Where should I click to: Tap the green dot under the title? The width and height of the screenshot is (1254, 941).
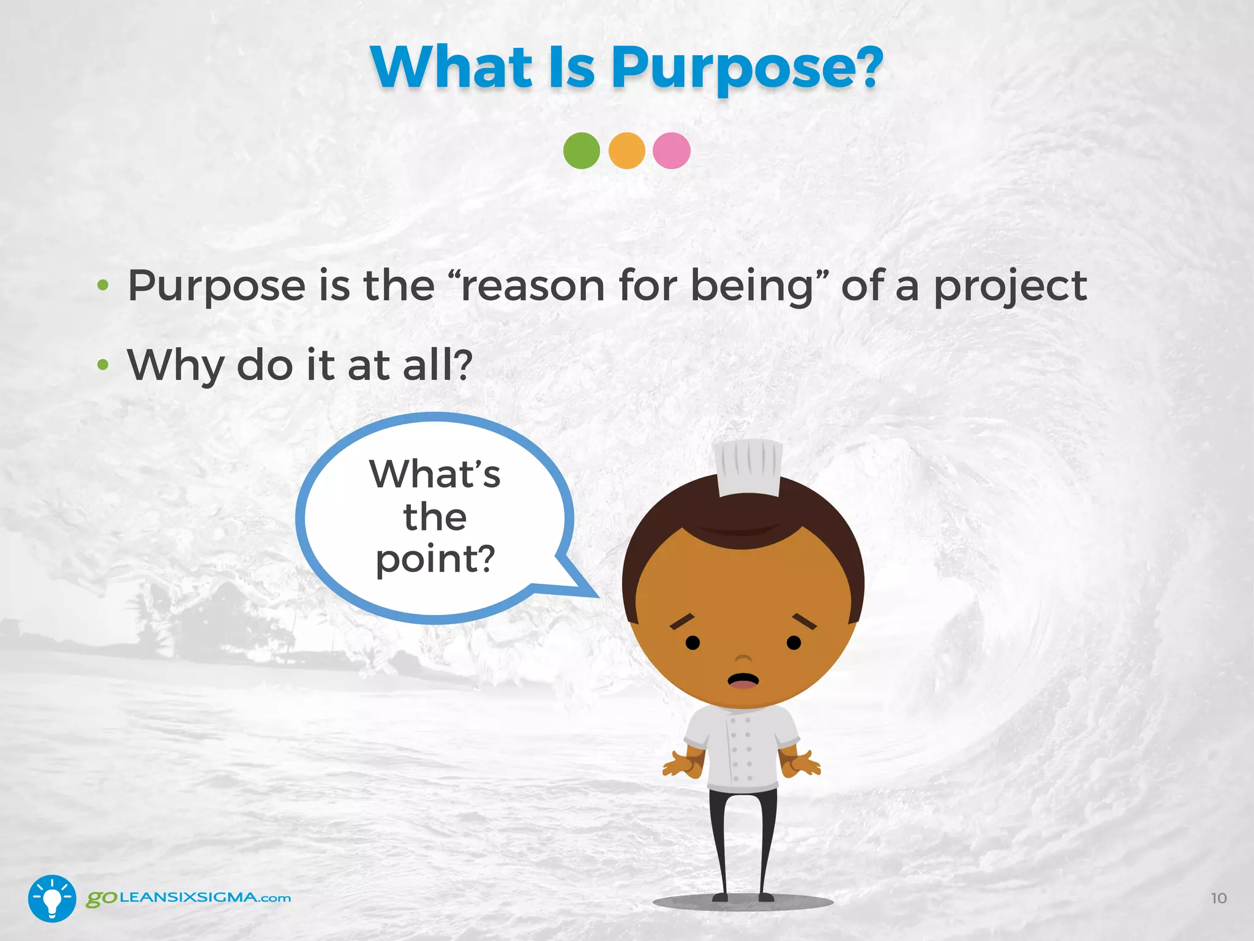[581, 151]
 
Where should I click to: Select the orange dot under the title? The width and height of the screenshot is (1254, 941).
[626, 151]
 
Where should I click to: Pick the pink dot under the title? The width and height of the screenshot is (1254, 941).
[672, 151]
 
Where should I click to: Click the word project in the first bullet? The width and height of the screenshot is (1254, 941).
[1010, 287]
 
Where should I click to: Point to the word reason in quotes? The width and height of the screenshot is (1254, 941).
[533, 287]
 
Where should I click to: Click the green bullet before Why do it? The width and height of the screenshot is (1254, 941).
[103, 365]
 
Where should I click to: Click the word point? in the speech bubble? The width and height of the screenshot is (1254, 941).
[435, 559]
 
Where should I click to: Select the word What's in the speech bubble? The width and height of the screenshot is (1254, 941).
[435, 474]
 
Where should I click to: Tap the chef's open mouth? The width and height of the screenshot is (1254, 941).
[743, 681]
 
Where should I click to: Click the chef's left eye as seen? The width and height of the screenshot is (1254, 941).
[693, 643]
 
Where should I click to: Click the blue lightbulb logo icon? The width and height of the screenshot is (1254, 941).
[52, 898]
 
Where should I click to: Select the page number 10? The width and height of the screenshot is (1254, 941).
[1218, 898]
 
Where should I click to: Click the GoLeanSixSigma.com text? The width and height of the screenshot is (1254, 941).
[189, 898]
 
